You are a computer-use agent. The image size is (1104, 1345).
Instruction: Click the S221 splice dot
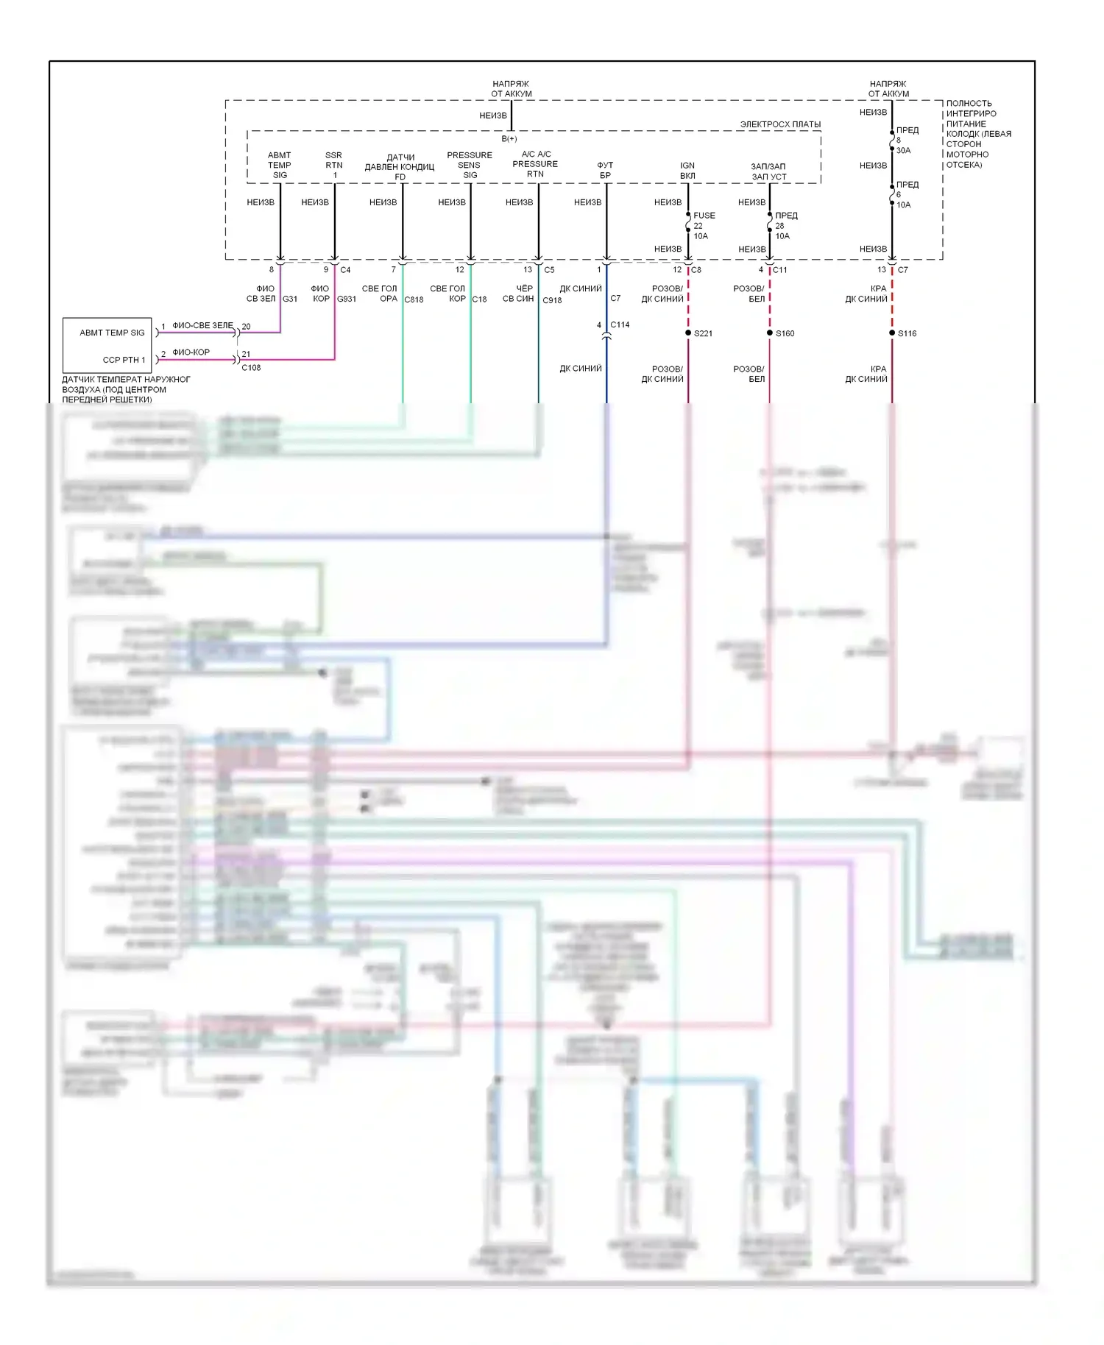click(688, 333)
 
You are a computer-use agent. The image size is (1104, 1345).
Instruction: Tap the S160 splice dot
click(770, 333)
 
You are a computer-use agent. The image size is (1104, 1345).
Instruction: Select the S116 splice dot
click(892, 333)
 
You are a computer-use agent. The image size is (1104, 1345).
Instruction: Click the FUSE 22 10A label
click(704, 226)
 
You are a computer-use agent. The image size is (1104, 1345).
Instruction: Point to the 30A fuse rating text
click(903, 151)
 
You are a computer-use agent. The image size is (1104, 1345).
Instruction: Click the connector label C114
click(620, 324)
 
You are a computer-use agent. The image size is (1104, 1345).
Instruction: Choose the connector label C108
click(251, 368)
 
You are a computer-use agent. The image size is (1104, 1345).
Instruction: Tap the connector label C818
click(414, 299)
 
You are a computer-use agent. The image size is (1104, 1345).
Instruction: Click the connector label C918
click(552, 300)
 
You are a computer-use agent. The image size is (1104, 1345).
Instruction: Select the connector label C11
click(779, 270)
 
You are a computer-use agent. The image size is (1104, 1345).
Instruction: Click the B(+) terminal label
click(509, 139)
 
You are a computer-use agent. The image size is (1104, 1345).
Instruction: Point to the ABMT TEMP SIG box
click(107, 345)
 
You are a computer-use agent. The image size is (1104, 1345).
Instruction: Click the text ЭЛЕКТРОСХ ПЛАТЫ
click(780, 124)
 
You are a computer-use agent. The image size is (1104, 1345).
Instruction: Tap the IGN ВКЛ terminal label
click(687, 171)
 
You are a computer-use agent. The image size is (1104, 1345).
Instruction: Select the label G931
click(347, 299)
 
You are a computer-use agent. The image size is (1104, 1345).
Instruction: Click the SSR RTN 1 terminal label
click(334, 166)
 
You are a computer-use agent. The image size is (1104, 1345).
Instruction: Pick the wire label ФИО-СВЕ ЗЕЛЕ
click(202, 325)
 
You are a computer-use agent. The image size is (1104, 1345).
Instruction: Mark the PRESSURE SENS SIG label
click(470, 165)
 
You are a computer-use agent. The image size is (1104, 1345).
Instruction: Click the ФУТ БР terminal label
click(605, 171)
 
